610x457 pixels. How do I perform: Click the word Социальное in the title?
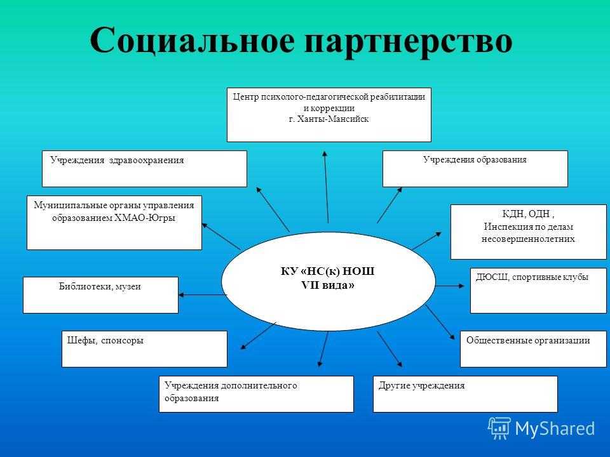pyautogui.click(x=192, y=41)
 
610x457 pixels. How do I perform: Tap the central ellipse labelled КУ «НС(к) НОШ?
pyautogui.click(x=328, y=281)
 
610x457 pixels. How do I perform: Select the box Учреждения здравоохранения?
pyautogui.click(x=144, y=169)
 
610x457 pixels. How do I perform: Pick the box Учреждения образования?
pyautogui.click(x=475, y=169)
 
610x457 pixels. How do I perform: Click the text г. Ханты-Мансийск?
pyautogui.click(x=329, y=119)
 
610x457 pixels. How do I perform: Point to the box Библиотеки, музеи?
pyautogui.click(x=100, y=295)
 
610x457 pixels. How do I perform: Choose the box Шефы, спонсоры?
pyautogui.click(x=144, y=349)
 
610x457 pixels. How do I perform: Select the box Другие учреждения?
pyautogui.click(x=465, y=394)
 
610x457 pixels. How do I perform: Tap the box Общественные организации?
pyautogui.click(x=533, y=349)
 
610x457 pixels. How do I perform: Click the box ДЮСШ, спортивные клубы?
pyautogui.click(x=538, y=290)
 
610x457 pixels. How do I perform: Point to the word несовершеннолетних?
pyautogui.click(x=528, y=239)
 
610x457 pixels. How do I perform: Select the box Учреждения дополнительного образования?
pyautogui.click(x=256, y=394)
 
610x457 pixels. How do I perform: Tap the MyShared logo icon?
pyautogui.click(x=499, y=428)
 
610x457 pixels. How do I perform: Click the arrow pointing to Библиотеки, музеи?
pyautogui.click(x=202, y=295)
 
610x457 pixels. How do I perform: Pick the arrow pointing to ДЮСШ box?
pyautogui.click(x=450, y=286)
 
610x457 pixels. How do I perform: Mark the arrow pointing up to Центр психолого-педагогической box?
pyautogui.click(x=327, y=187)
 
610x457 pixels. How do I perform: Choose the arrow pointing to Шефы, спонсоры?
pyautogui.click(x=259, y=335)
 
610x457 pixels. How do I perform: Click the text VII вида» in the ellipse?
pyautogui.click(x=328, y=286)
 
